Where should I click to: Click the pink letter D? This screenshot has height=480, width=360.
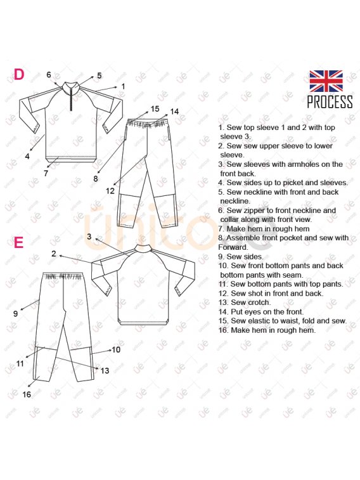tap(19, 74)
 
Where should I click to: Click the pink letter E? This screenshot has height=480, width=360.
tap(19, 242)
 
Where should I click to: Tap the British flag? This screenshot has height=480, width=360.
tap(326, 81)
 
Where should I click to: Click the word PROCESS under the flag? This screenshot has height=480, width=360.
tap(330, 101)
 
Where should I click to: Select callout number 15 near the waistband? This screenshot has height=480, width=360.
tap(155, 108)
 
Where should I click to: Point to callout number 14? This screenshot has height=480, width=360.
tap(174, 112)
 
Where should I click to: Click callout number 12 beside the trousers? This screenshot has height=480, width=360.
tap(110, 191)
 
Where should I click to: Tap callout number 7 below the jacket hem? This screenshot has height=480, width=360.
tap(46, 173)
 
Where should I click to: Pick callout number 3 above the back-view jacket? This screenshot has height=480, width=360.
tap(89, 237)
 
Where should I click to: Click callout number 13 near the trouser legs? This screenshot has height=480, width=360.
tap(105, 371)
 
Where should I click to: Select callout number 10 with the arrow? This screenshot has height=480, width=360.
tap(116, 349)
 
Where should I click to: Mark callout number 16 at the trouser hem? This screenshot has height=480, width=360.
tap(27, 394)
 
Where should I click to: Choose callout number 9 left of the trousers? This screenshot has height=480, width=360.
tap(16, 313)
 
